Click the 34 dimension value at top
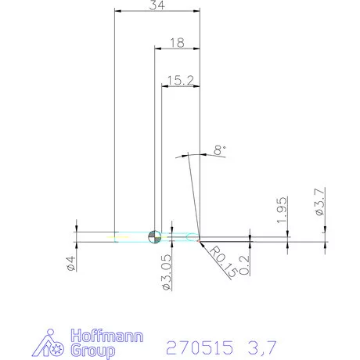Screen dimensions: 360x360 157,5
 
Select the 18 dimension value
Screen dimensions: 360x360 177,44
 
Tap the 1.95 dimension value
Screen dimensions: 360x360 283,211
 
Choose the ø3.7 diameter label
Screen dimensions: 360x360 320,202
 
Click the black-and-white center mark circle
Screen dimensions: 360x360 154,236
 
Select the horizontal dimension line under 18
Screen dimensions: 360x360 177,50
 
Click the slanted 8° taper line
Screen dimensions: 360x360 195,196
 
